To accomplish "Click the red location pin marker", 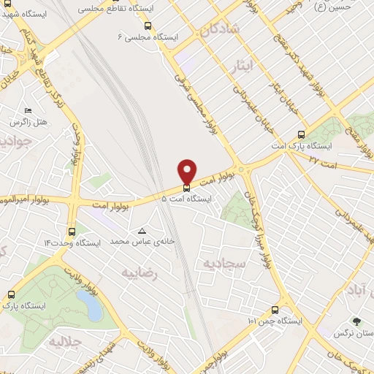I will click(187, 171).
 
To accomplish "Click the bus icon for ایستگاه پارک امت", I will click(301, 134).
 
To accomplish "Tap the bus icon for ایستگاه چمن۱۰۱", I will click(275, 309).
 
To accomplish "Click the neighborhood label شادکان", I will click(216, 30).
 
